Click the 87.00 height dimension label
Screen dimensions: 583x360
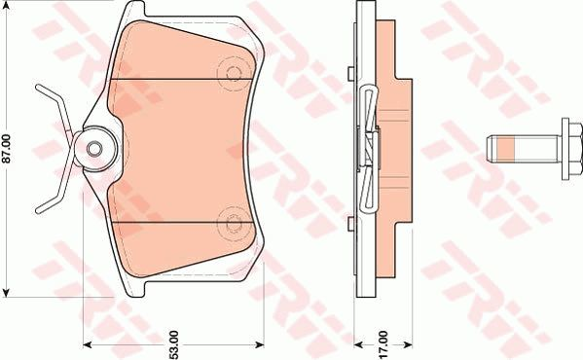[x=7, y=148]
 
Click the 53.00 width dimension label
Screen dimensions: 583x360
[x=174, y=344]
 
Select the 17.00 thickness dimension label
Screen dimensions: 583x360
[x=383, y=344]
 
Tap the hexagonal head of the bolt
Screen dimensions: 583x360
[x=575, y=150]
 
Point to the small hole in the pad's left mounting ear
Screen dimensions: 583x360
[x=94, y=149]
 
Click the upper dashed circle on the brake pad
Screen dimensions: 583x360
[x=234, y=73]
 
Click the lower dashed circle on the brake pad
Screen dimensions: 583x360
[x=234, y=224]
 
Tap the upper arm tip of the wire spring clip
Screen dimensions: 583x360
[x=38, y=88]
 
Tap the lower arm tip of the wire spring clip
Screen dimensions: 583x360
[x=38, y=211]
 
